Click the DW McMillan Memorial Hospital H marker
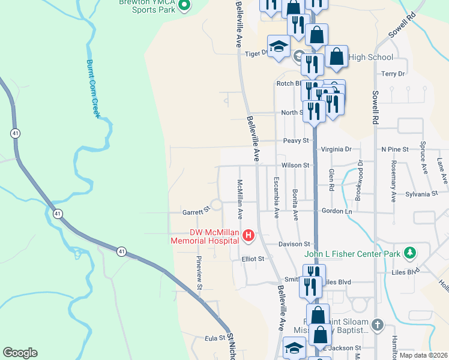pyautogui.click(x=248, y=236)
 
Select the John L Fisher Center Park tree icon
pyautogui.click(x=410, y=253)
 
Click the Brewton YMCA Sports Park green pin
pyautogui.click(x=184, y=6)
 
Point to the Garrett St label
pyautogui.click(x=195, y=211)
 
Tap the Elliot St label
pyautogui.click(x=253, y=259)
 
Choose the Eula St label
pyautogui.click(x=214, y=339)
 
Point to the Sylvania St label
pyautogui.click(x=421, y=194)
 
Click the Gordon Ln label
pyautogui.click(x=336, y=211)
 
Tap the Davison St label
pyautogui.click(x=294, y=244)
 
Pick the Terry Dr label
pyautogui.click(x=393, y=74)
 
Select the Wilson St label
pyautogui.click(x=294, y=165)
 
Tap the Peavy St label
pyautogui.click(x=296, y=140)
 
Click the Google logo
pyautogui.click(x=20, y=353)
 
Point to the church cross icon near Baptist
pyautogui.click(x=377, y=325)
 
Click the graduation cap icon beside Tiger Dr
pyautogui.click(x=279, y=46)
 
